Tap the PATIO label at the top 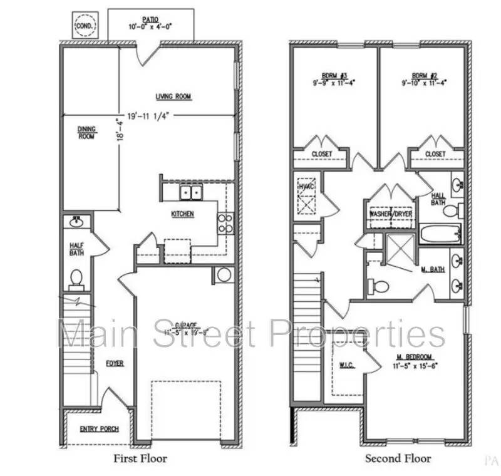(150, 18)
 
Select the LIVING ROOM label (173, 96)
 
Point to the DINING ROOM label (86, 133)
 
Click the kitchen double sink (191, 192)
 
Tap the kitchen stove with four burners (225, 224)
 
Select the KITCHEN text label (182, 214)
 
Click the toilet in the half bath (76, 277)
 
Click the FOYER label (114, 363)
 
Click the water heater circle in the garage (222, 276)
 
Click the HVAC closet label (306, 187)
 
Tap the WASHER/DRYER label (391, 214)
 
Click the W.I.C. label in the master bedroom (348, 365)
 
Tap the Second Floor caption (398, 458)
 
